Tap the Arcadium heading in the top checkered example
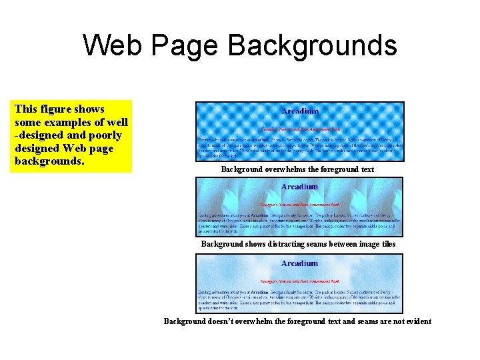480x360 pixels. [300, 111]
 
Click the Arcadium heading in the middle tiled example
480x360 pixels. [300, 187]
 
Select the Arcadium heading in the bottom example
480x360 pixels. [300, 263]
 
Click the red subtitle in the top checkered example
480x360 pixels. [299, 127]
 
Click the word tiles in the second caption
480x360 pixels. [387, 244]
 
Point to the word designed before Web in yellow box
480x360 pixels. [39, 149]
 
